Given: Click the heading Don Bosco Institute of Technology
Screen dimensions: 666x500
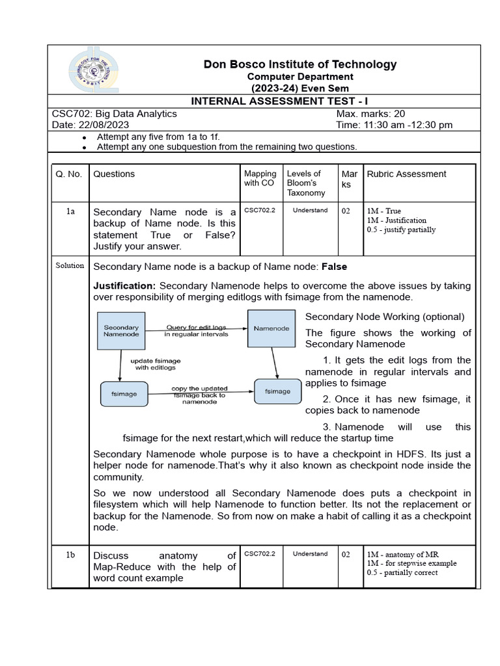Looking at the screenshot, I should click(300, 64).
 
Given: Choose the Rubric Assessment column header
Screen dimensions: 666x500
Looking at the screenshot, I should click(407, 174).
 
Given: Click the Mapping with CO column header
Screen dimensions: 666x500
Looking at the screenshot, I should click(260, 178).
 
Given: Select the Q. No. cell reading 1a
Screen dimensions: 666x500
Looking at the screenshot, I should click(70, 211).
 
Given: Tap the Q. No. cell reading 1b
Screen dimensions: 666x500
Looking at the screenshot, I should click(70, 554).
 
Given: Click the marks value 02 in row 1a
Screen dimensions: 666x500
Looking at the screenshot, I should click(346, 211).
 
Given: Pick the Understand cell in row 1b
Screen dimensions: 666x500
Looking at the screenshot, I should click(310, 554).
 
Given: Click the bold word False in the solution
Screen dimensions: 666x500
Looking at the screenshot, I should click(334, 267).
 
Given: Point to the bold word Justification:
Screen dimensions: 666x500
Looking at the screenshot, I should click(124, 286).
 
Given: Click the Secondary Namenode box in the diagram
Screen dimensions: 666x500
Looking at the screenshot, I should click(121, 330).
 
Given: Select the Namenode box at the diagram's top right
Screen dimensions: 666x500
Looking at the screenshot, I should click(271, 328).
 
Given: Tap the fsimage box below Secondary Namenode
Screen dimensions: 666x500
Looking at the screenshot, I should click(124, 393).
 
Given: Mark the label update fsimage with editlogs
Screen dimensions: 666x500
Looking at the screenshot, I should click(156, 364).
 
